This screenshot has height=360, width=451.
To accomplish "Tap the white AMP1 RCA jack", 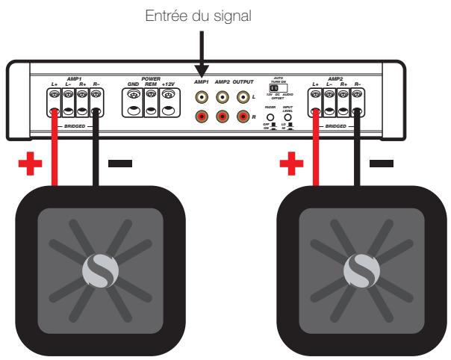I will click(202, 96).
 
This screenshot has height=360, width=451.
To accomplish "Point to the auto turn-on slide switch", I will click(276, 88).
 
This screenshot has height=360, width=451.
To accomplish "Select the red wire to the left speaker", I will click(54, 153).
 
